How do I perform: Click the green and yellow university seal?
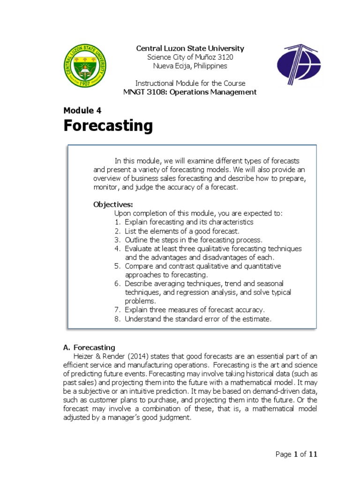click(85, 65)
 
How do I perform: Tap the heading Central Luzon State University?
click(190, 48)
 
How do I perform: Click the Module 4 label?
click(82, 111)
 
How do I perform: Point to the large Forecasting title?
click(108, 126)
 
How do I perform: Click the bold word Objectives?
click(113, 204)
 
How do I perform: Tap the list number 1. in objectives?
click(118, 222)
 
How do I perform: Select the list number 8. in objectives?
click(118, 319)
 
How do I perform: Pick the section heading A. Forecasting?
click(89, 347)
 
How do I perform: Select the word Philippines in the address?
click(210, 66)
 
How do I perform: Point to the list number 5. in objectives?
click(118, 266)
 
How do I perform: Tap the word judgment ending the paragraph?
click(175, 418)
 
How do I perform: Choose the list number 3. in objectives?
click(118, 240)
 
